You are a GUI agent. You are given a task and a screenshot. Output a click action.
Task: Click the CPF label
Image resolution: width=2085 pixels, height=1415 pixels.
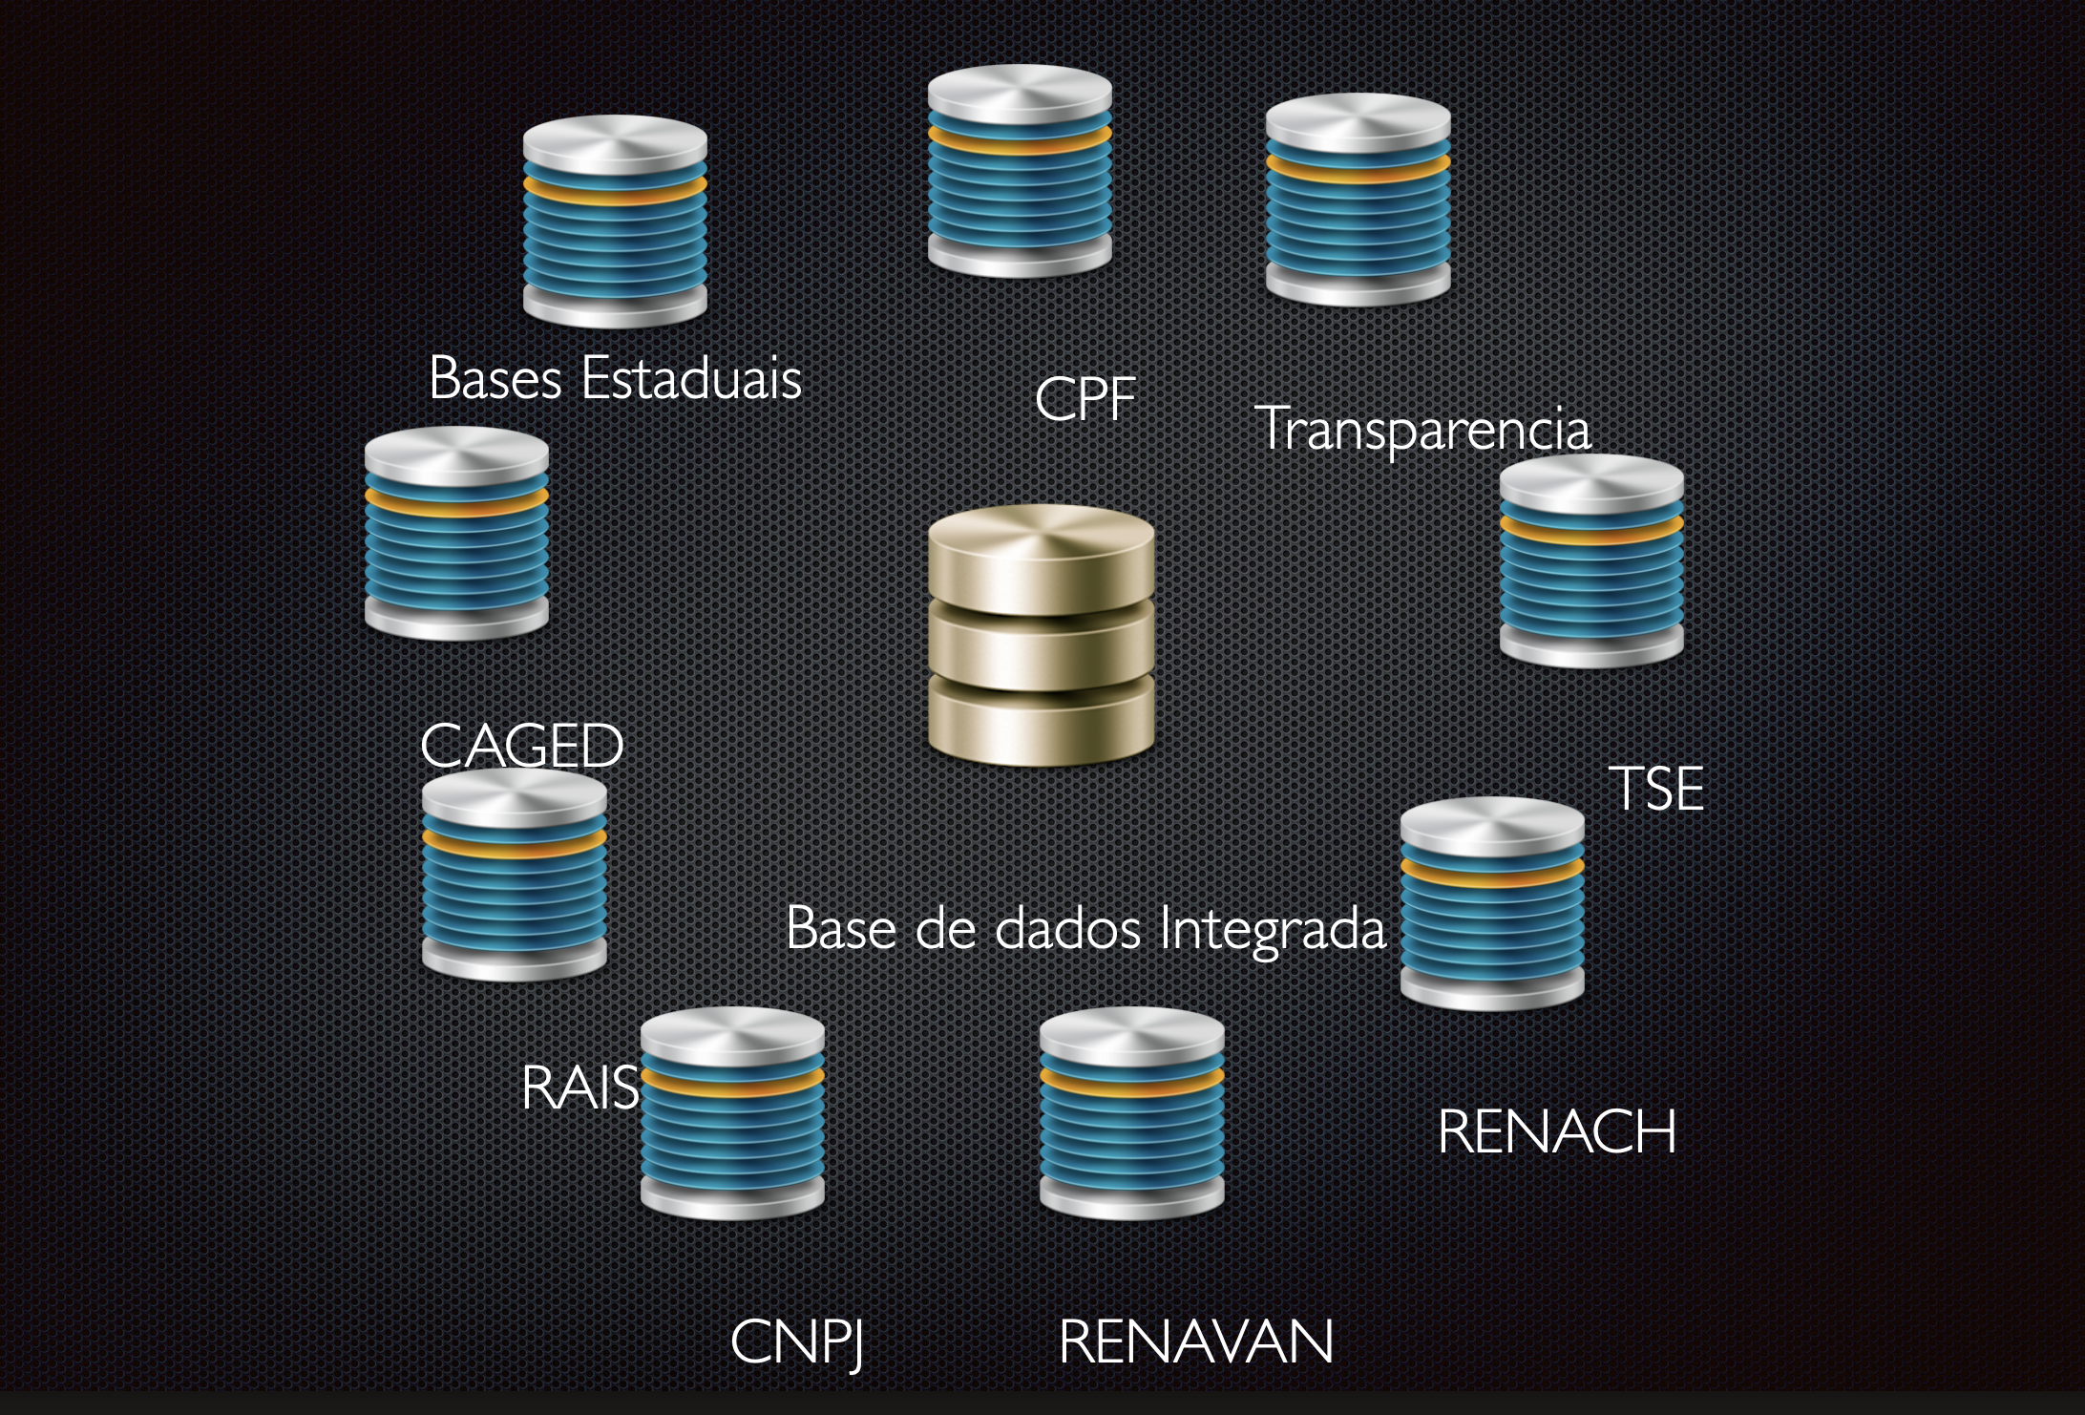coord(1085,398)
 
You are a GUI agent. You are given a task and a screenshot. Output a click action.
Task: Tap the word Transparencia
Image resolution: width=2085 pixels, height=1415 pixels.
coord(1422,430)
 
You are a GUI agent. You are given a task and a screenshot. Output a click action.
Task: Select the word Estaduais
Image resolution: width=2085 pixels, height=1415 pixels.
coord(691,378)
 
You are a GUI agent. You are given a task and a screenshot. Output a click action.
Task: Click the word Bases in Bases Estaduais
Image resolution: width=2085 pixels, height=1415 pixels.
coord(495,378)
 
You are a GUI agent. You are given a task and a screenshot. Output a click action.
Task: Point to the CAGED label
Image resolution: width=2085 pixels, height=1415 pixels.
coord(521,746)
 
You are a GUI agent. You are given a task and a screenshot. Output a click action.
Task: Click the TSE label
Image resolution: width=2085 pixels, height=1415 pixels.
coord(1656,789)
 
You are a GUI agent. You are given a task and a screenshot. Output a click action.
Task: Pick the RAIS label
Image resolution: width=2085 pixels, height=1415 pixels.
coord(579,1088)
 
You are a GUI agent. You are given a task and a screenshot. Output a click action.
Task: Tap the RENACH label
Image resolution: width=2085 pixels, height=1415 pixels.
coord(1556,1131)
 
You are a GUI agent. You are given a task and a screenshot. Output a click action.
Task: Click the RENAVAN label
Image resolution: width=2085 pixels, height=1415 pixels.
coord(1195,1341)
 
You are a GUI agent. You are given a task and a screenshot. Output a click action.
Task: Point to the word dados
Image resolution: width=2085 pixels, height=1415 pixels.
coord(1067,929)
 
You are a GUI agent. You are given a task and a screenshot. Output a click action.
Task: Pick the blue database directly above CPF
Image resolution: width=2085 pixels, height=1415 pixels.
coord(1020,172)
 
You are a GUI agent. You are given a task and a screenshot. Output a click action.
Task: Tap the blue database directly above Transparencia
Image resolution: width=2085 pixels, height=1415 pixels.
coord(1358,201)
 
